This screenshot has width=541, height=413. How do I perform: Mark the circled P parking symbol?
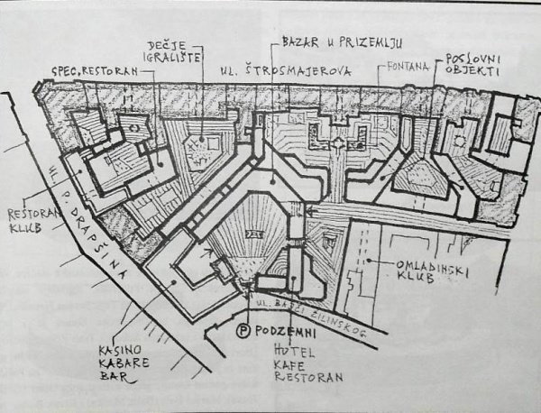(243, 330)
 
